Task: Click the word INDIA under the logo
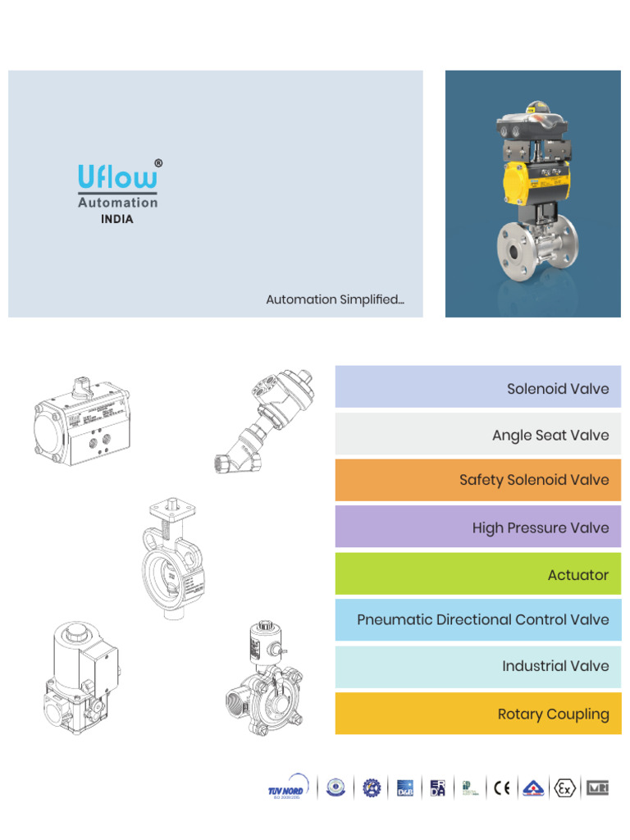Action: click(x=117, y=220)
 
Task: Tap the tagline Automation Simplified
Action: click(x=335, y=299)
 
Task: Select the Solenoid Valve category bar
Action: click(x=477, y=388)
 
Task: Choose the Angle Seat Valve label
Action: click(x=550, y=435)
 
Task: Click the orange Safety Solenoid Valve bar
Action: click(x=477, y=480)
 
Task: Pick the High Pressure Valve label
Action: click(x=541, y=527)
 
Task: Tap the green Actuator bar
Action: click(x=477, y=574)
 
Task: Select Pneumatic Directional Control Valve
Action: click(x=482, y=619)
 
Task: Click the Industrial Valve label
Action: click(x=555, y=666)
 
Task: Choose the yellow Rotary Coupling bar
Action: click(x=477, y=714)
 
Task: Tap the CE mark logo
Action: click(x=502, y=788)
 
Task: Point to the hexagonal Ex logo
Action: click(x=564, y=788)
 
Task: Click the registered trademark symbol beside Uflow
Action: click(x=157, y=163)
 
